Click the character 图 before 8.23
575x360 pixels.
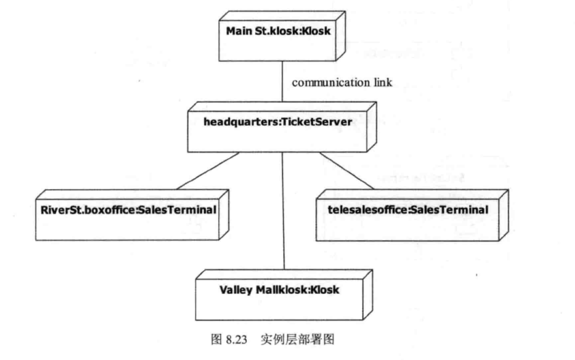coord(216,339)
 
